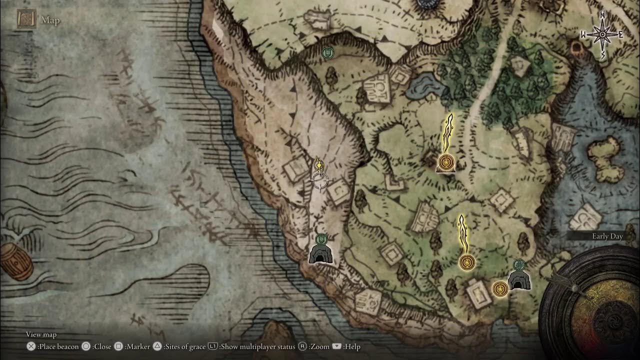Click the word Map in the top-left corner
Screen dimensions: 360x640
pyautogui.click(x=50, y=20)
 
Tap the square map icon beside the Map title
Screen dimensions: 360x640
pyautogui.click(x=26, y=19)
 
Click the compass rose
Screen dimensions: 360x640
pyautogui.click(x=602, y=34)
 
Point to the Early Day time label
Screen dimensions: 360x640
pyautogui.click(x=607, y=236)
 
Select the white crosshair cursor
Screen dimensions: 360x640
pyautogui.click(x=320, y=180)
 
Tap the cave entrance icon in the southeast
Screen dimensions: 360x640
pyautogui.click(x=518, y=280)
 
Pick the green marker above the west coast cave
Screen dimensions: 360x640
pyautogui.click(x=321, y=239)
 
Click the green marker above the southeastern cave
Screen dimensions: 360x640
pyautogui.click(x=519, y=264)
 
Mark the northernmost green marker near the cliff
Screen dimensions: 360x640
pyautogui.click(x=327, y=52)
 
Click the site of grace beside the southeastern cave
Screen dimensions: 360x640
pyautogui.click(x=499, y=288)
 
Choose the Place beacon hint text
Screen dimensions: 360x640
pyautogui.click(x=58, y=346)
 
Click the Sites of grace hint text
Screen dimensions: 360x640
pyautogui.click(x=184, y=346)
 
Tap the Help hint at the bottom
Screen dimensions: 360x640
pyautogui.click(x=351, y=346)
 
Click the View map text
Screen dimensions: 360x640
pyautogui.click(x=41, y=334)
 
